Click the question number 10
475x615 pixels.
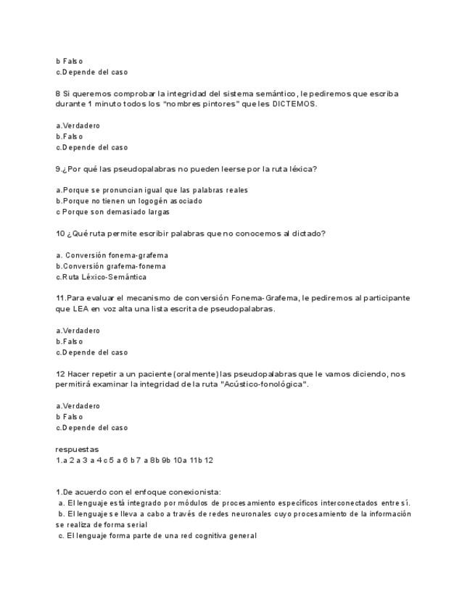coord(60,234)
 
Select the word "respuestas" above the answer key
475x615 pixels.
coord(77,450)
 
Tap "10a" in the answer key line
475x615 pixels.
coord(180,460)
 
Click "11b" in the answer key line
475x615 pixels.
coord(196,460)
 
